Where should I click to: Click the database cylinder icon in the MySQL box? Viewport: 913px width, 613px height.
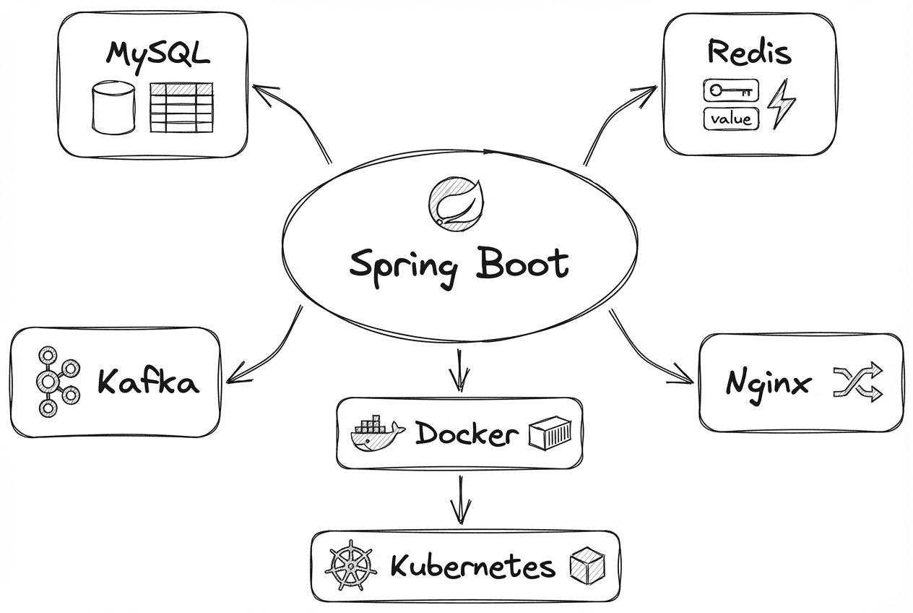[x=113, y=108]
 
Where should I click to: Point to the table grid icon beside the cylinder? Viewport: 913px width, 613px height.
[x=181, y=108]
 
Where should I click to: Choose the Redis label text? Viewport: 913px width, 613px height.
[x=749, y=52]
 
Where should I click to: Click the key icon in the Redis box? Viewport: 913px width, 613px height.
[x=731, y=91]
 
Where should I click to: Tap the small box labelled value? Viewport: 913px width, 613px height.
[x=731, y=119]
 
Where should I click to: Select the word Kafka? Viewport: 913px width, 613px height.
[x=148, y=382]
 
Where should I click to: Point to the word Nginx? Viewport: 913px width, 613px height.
[x=767, y=383]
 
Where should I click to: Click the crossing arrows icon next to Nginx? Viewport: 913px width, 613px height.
[x=858, y=382]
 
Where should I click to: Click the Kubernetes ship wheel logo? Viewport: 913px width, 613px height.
[x=350, y=566]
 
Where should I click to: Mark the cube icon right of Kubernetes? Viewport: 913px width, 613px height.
[x=587, y=566]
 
